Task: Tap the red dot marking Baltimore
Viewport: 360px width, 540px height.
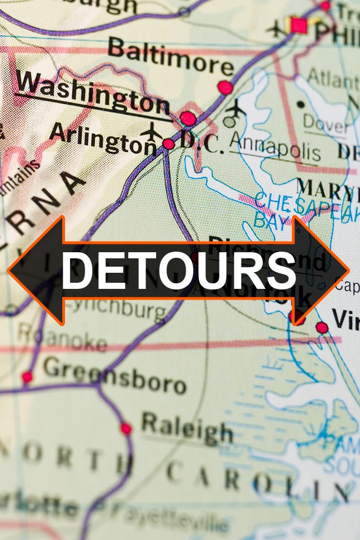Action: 225,87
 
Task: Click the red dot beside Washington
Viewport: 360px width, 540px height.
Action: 188,118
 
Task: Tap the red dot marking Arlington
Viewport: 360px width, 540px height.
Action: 168,144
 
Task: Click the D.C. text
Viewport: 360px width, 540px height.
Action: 201,144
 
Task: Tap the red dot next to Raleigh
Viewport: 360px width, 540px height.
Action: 126,428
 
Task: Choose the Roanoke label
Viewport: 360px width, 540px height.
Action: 61,336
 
